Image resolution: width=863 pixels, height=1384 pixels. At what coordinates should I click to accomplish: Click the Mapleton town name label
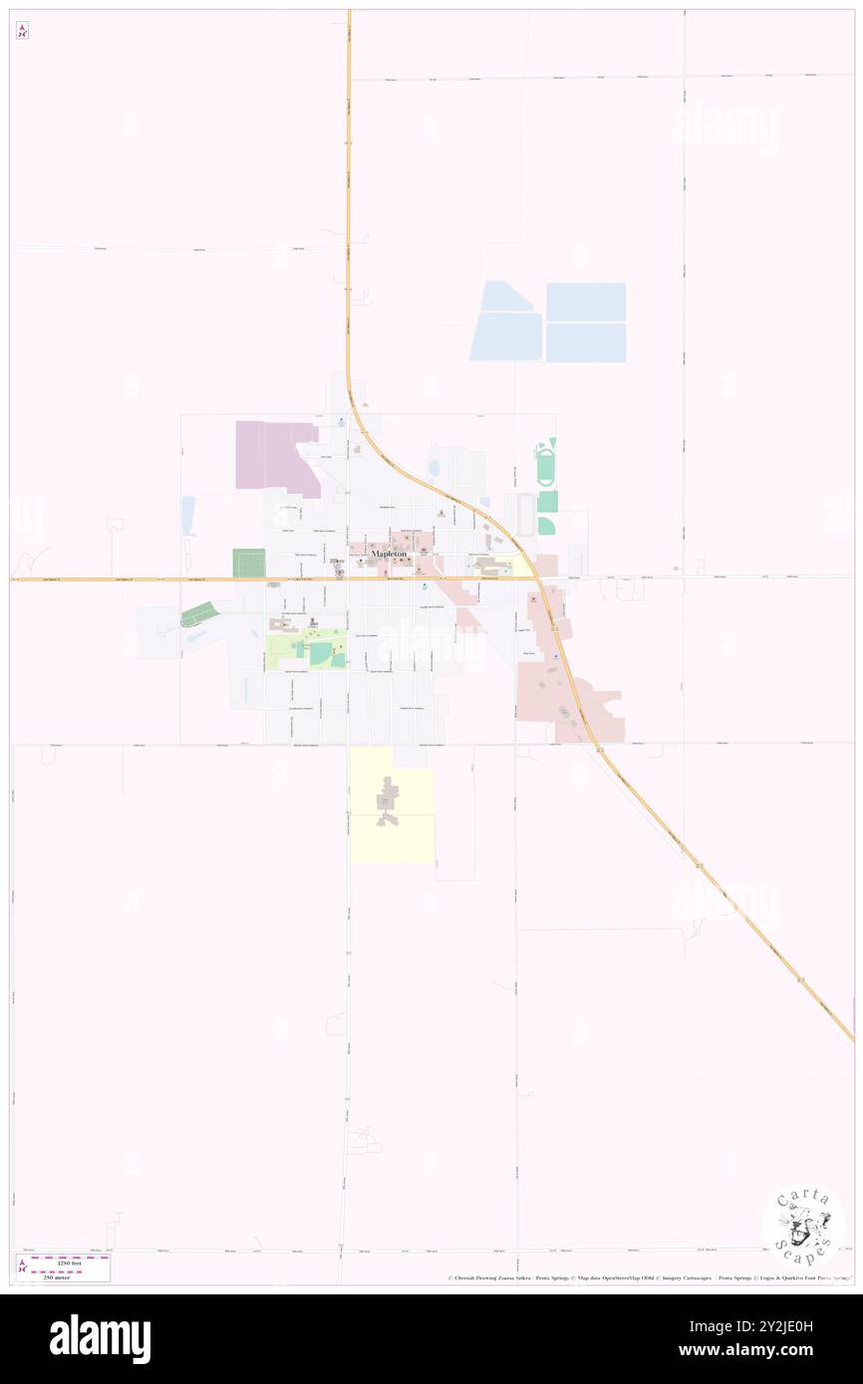point(389,554)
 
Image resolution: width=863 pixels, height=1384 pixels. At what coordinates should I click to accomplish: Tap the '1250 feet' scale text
point(68,1262)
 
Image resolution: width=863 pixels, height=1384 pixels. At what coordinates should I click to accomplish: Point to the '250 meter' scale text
point(68,1275)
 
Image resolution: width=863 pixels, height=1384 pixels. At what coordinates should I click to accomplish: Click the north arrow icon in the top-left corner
point(22,31)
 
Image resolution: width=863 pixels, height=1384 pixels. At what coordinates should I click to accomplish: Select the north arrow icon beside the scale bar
point(22,1268)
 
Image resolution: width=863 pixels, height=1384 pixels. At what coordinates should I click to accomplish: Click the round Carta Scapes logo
point(803,1225)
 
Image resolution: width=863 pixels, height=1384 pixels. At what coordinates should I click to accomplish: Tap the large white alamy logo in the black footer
point(100,1339)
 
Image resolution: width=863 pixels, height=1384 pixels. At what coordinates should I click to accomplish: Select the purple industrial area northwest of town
point(274,455)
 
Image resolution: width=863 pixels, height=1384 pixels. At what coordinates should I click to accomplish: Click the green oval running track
point(545,466)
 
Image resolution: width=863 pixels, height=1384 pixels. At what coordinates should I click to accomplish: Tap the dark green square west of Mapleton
point(249,563)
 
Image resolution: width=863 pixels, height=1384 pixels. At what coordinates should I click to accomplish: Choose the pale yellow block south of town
point(392,805)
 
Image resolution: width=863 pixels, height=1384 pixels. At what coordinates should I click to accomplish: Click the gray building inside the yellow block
point(388,802)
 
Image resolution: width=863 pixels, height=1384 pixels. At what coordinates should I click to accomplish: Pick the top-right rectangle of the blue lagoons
point(586,302)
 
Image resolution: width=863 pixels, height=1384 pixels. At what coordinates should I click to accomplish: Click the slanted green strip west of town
point(199,614)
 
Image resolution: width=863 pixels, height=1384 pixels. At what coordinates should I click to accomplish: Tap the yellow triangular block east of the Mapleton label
point(517,566)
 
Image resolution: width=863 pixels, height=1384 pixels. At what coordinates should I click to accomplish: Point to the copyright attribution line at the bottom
point(648,1277)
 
